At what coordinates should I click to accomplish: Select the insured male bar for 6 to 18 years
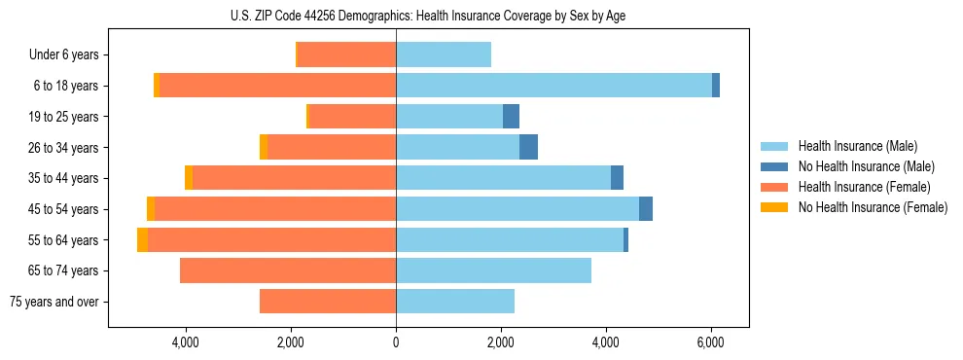pyautogui.click(x=553, y=86)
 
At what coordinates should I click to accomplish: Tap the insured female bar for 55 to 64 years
pyautogui.click(x=272, y=240)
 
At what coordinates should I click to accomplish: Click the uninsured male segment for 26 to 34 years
pyautogui.click(x=528, y=148)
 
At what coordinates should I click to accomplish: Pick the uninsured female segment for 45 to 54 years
pyautogui.click(x=151, y=209)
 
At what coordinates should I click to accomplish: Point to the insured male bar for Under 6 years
pyautogui.click(x=444, y=54)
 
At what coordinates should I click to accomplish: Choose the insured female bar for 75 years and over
pyautogui.click(x=328, y=302)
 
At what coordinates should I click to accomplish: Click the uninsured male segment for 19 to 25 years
pyautogui.click(x=511, y=117)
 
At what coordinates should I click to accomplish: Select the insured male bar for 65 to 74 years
pyautogui.click(x=493, y=270)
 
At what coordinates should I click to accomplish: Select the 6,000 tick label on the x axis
pyautogui.click(x=710, y=342)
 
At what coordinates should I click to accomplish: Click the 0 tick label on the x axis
pyautogui.click(x=396, y=342)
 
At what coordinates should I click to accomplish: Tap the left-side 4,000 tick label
pyautogui.click(x=185, y=342)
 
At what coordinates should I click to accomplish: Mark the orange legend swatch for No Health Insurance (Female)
pyautogui.click(x=775, y=207)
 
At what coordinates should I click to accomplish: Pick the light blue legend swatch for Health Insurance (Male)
pyautogui.click(x=775, y=146)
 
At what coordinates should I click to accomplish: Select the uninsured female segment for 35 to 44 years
pyautogui.click(x=189, y=178)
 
